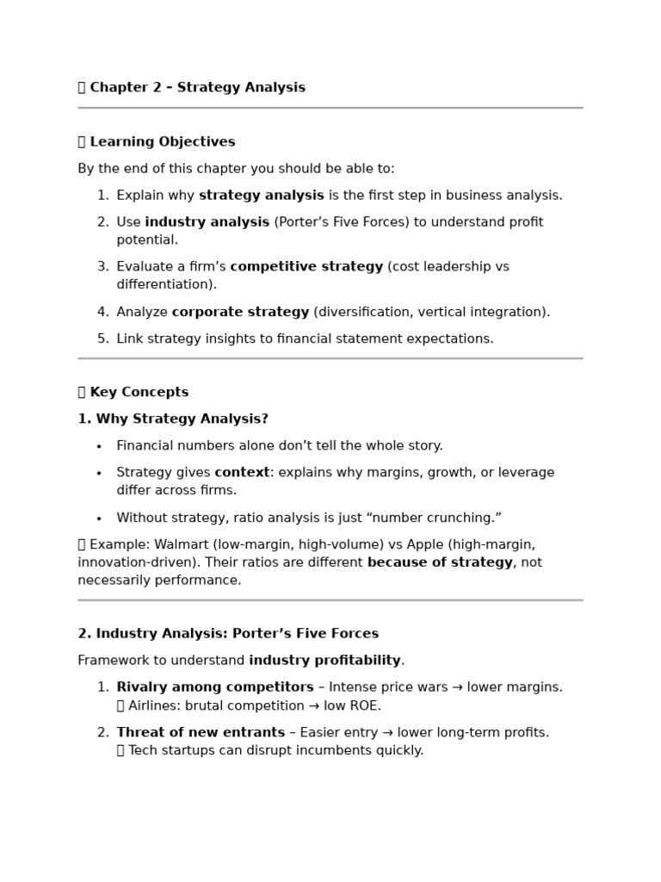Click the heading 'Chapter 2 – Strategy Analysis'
click(x=197, y=88)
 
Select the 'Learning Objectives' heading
click(x=162, y=142)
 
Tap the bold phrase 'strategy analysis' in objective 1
click(x=262, y=196)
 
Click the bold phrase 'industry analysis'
click(x=207, y=222)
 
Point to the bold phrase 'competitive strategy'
click(x=306, y=267)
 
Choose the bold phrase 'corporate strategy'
click(x=240, y=312)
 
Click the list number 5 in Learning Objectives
click(x=102, y=339)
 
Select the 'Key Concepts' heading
click(x=139, y=393)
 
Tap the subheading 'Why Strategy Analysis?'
click(x=182, y=419)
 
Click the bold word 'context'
click(x=242, y=473)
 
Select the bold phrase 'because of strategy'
click(x=440, y=563)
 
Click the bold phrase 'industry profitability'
click(x=324, y=661)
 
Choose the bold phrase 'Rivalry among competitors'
click(x=215, y=687)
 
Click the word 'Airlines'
click(x=153, y=706)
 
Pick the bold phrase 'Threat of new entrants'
click(x=201, y=733)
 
